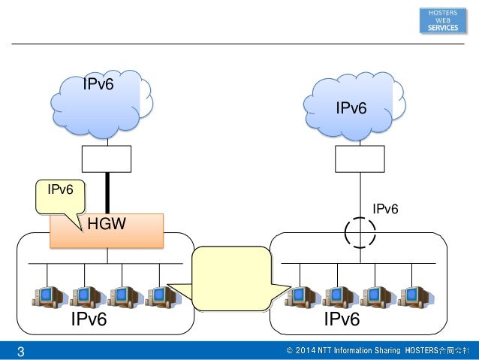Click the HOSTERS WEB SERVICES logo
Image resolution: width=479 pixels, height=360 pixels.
pyautogui.click(x=443, y=20)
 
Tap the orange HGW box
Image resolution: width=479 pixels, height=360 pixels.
pyautogui.click(x=107, y=231)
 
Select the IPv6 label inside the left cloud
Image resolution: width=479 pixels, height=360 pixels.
pyautogui.click(x=98, y=84)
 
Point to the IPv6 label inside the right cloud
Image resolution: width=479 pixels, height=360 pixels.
pyautogui.click(x=351, y=108)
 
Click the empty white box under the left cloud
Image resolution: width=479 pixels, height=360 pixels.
pyautogui.click(x=107, y=159)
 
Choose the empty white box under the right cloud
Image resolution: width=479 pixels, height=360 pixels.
pyautogui.click(x=360, y=159)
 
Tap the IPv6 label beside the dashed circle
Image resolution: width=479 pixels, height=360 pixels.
pyautogui.click(x=385, y=209)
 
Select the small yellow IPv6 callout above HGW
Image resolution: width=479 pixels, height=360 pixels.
pyautogui.click(x=61, y=197)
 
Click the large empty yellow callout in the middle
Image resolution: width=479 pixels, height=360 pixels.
pyautogui.click(x=231, y=279)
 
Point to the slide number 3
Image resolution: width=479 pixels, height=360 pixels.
pyautogui.click(x=21, y=352)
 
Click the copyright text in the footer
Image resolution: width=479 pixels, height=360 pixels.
pyautogui.click(x=378, y=350)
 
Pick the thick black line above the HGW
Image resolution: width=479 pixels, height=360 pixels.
pyautogui.click(x=107, y=193)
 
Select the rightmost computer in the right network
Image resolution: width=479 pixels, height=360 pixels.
pyautogui.click(x=415, y=297)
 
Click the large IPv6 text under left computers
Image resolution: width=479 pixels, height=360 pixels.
pyautogui.click(x=89, y=319)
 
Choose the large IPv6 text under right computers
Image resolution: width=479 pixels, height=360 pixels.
pyautogui.click(x=342, y=319)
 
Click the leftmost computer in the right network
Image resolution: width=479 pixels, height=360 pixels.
pyautogui.click(x=302, y=297)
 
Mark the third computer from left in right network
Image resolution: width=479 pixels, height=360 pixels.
pyautogui.click(x=378, y=297)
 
